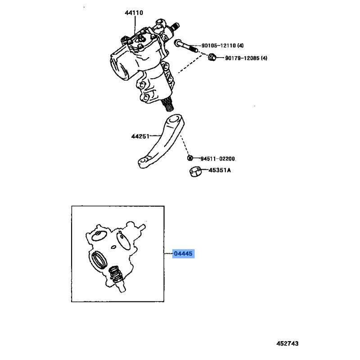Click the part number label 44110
[x=134, y=13]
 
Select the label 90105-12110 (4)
[x=222, y=45]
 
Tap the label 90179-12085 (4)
[x=246, y=58]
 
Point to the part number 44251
[x=140, y=136]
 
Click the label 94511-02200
[x=218, y=159]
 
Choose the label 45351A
[x=220, y=170]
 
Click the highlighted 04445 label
[x=183, y=254]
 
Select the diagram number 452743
[x=288, y=343]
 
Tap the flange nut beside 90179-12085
[x=212, y=57]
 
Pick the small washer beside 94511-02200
[x=190, y=158]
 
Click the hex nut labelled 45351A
[x=195, y=172]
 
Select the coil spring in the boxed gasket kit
[x=115, y=274]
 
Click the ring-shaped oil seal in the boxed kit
[x=99, y=260]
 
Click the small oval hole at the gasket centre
[x=113, y=247]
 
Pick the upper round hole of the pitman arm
[x=175, y=119]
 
